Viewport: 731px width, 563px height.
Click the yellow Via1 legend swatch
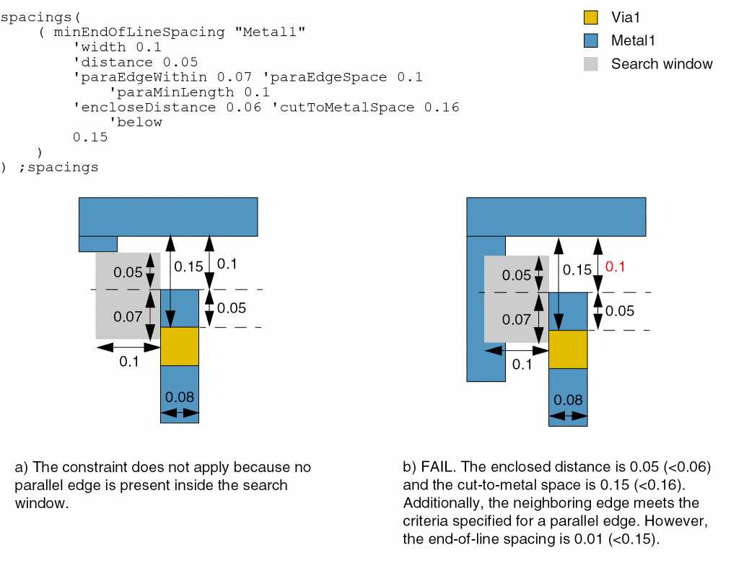point(590,17)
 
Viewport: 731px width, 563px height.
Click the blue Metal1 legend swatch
point(590,40)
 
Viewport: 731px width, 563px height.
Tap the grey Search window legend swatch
point(590,64)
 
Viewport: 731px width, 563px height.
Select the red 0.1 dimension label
point(615,266)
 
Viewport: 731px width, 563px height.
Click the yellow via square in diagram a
point(179,346)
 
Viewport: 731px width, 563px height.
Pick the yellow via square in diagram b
point(568,349)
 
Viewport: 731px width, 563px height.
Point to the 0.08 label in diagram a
point(179,396)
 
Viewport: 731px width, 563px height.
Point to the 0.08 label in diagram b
point(568,399)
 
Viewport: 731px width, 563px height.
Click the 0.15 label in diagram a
point(188,266)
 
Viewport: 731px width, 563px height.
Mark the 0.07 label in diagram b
point(517,319)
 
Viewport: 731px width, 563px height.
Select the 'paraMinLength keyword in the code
point(170,92)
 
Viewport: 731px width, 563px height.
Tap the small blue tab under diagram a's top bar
point(97,243)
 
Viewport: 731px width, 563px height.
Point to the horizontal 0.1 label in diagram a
point(128,362)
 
